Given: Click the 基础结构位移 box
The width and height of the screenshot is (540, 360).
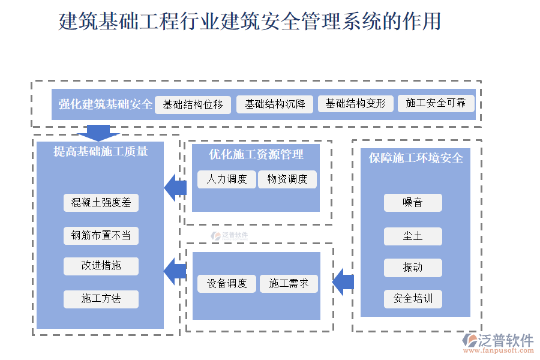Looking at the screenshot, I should pyautogui.click(x=193, y=104).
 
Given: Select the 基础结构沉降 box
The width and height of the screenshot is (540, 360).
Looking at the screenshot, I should pyautogui.click(x=275, y=104).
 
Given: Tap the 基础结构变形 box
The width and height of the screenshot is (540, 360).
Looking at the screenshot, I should pyautogui.click(x=356, y=104).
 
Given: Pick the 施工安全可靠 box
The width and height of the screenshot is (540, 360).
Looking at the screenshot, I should pyautogui.click(x=436, y=103).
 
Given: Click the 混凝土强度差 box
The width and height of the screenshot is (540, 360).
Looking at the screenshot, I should pyautogui.click(x=101, y=203).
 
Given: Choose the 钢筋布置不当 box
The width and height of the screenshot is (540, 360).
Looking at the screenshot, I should pyautogui.click(x=101, y=235).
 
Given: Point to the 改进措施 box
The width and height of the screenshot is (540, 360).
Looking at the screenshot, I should pyautogui.click(x=101, y=266).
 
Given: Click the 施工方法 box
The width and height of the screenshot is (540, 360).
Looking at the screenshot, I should pyautogui.click(x=101, y=299).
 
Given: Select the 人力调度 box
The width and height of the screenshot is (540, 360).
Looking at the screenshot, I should pyautogui.click(x=227, y=179).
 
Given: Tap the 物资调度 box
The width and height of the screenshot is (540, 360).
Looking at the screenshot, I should pyautogui.click(x=287, y=179).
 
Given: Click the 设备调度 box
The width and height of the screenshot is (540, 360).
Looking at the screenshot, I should pyautogui.click(x=227, y=284).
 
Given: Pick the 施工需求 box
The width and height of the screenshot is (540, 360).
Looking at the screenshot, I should pyautogui.click(x=289, y=284).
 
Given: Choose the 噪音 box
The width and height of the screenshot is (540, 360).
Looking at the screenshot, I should pyautogui.click(x=413, y=203).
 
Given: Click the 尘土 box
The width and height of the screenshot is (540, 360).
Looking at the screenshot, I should pyautogui.click(x=413, y=236).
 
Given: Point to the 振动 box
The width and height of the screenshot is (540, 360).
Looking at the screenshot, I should pyautogui.click(x=413, y=268).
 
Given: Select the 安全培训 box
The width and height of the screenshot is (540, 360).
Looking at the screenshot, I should pyautogui.click(x=413, y=299).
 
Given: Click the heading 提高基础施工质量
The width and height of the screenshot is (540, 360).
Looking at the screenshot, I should pyautogui.click(x=101, y=152).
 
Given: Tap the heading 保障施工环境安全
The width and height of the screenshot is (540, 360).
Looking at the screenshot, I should pyautogui.click(x=416, y=158).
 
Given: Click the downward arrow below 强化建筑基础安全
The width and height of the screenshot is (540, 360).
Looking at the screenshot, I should pyautogui.click(x=98, y=133).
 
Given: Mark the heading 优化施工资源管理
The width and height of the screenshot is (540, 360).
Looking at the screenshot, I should pyautogui.click(x=256, y=155).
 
